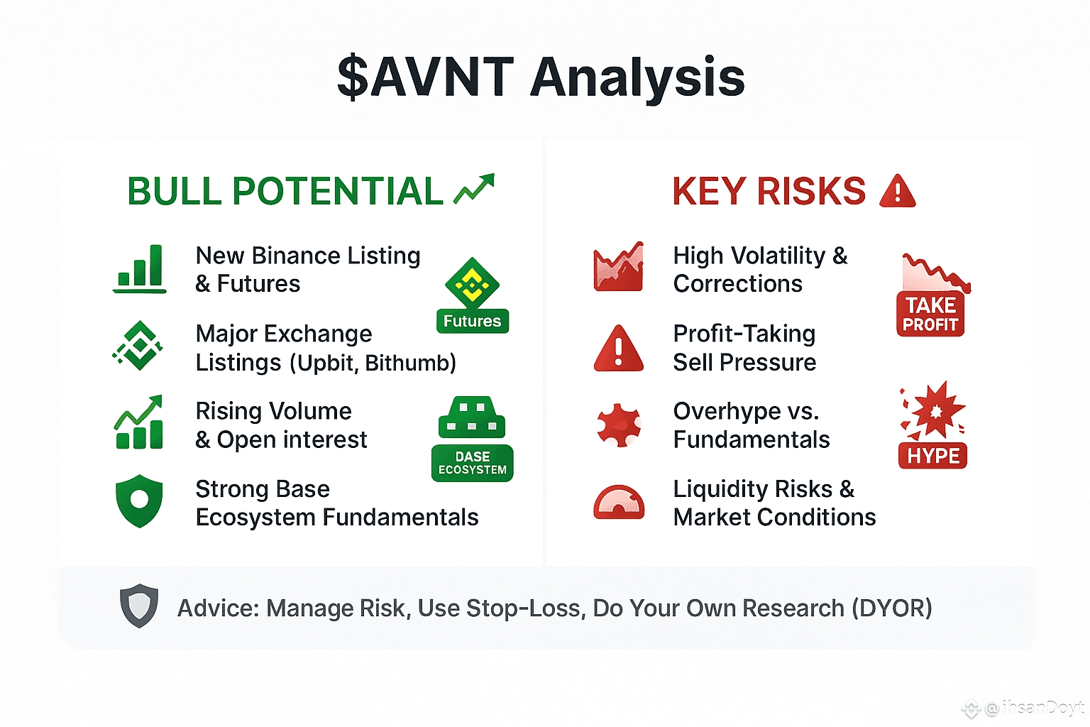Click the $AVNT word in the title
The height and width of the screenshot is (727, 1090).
coord(426,77)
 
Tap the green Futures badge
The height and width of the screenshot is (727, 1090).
coord(473,321)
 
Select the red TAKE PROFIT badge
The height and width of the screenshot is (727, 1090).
coord(930,314)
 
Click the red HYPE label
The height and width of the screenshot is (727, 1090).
coord(933,456)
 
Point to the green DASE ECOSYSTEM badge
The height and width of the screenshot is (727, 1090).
coord(473,463)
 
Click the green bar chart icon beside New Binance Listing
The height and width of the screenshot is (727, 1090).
coord(140,269)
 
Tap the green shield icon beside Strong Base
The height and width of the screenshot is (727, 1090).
coord(139,501)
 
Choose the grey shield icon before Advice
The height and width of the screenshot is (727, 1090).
coord(139,606)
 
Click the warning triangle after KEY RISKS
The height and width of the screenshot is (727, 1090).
coord(898,191)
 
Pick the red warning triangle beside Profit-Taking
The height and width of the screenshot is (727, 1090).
coord(619,348)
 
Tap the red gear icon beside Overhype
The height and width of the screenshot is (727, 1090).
coord(619,425)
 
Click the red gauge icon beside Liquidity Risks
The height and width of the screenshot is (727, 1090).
coord(619,502)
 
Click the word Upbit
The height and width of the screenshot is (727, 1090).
coord(328,363)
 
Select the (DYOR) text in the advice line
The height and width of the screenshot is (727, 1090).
coord(892,608)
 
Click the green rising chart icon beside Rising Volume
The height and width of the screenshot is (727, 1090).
coord(139,422)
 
